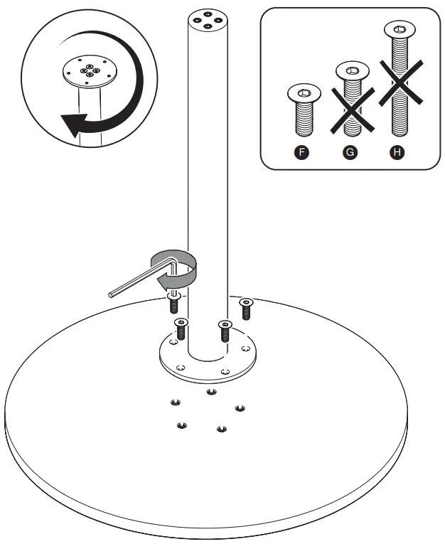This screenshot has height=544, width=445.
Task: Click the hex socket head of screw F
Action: [x=304, y=92]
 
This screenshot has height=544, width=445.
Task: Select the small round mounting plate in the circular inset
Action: [x=87, y=72]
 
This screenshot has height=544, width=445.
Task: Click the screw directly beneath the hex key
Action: [x=173, y=304]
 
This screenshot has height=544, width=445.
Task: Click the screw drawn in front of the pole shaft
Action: [x=225, y=330]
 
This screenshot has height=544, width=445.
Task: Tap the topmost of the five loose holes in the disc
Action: [x=210, y=391]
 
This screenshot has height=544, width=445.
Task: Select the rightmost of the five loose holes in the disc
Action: [x=240, y=407]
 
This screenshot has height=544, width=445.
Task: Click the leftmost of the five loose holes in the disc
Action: [x=174, y=403]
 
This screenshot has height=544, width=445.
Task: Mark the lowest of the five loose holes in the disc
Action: [x=221, y=429]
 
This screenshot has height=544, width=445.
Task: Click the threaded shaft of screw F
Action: [x=304, y=118]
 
